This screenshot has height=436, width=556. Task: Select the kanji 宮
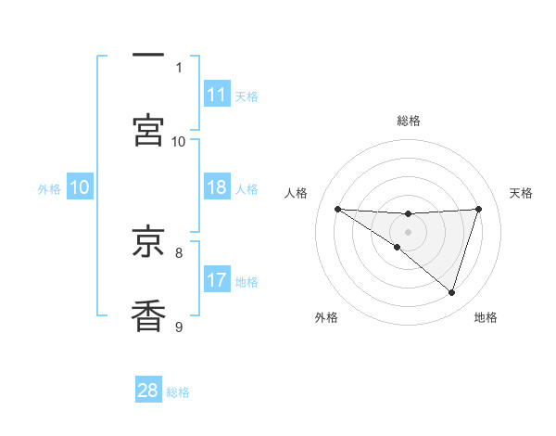coord(148,130)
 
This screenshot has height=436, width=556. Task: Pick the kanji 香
coord(148,315)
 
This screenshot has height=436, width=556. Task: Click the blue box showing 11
coord(217,95)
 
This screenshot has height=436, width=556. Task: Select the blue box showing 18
coord(217,187)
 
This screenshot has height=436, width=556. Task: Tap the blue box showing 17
coord(217,279)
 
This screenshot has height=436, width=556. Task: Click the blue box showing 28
coord(148,391)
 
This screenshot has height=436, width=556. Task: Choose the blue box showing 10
coord(80,187)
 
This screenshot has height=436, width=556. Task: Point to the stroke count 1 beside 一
coord(179,67)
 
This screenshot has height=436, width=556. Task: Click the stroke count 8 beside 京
coord(179,251)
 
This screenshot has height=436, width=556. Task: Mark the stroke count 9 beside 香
coord(179,326)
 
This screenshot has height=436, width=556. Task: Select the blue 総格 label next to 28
coord(178,392)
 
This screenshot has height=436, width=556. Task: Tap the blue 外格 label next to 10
coord(49,189)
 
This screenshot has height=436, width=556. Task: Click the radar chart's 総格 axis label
coord(409,121)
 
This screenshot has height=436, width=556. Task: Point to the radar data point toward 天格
coord(479,209)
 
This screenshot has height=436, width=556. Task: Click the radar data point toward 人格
coord(337,209)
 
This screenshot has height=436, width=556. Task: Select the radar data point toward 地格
coord(452,292)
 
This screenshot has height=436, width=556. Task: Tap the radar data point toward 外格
coord(398,247)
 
